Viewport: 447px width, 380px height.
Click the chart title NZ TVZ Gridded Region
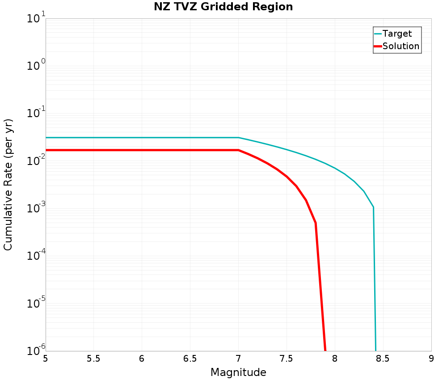pyautogui.click(x=223, y=7)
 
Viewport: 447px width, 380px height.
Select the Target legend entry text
pyautogui.click(x=397, y=34)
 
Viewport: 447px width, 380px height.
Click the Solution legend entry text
pyautogui.click(x=401, y=46)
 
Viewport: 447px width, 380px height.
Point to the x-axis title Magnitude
pyautogui.click(x=238, y=372)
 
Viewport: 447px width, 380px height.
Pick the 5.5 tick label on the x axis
pyautogui.click(x=93, y=359)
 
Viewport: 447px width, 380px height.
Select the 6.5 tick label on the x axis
pyautogui.click(x=190, y=359)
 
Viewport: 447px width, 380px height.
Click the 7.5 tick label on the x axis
pyautogui.click(x=286, y=359)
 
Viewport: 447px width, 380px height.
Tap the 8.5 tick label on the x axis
pyautogui.click(x=383, y=359)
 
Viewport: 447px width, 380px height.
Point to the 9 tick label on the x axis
pyautogui.click(x=431, y=359)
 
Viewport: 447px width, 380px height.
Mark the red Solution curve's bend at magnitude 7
pyautogui.click(x=238, y=150)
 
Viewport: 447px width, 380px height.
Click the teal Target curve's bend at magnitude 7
pyautogui.click(x=238, y=138)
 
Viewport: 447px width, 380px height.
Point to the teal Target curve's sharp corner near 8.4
pyautogui.click(x=373, y=207)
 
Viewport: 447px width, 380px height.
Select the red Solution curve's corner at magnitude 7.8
pyautogui.click(x=316, y=223)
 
